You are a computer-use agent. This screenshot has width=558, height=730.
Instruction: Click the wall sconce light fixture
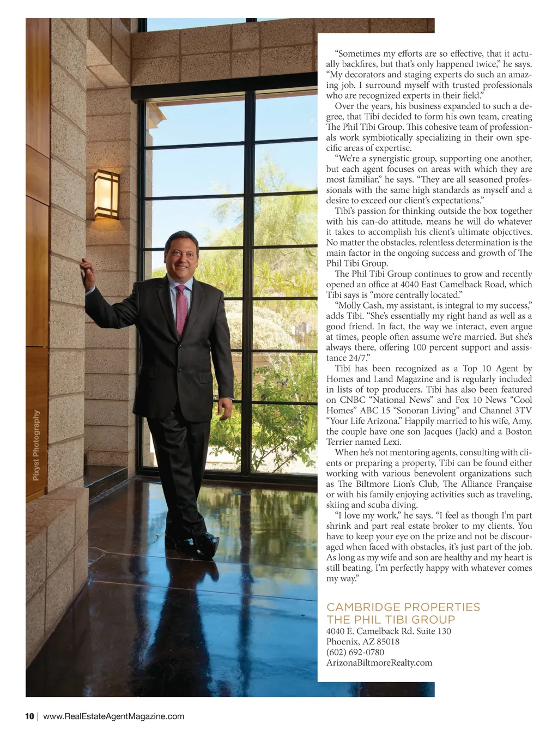106,194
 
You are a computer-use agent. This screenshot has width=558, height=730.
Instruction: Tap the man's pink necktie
181,309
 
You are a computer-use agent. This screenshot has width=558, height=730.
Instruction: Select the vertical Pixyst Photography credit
36,445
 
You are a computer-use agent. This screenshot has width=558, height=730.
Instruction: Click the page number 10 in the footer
29,716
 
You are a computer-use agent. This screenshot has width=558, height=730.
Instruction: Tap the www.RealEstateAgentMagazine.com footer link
113,716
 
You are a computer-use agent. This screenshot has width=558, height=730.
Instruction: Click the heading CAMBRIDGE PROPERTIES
403,607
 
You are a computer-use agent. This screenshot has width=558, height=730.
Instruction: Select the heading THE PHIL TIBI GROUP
390,619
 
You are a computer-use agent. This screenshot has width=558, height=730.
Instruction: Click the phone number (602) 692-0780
355,652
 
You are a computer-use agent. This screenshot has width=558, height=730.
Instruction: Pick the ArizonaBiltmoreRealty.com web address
379,663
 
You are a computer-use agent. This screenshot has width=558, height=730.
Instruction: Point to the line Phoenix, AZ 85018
362,642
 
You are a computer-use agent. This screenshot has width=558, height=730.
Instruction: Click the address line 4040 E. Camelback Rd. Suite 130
388,631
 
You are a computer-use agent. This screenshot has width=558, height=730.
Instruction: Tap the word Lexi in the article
391,442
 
